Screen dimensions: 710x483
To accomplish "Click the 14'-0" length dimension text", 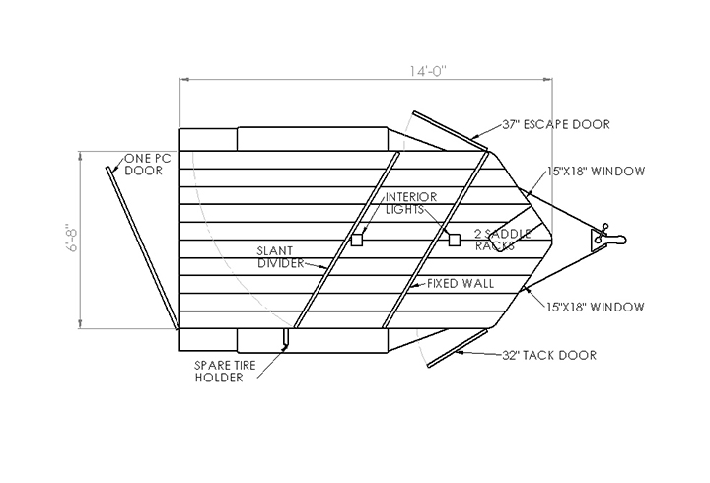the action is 428,71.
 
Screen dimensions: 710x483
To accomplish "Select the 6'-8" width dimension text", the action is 72,238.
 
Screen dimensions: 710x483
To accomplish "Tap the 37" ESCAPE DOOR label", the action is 556,124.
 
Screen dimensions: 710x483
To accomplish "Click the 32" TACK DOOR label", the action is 549,355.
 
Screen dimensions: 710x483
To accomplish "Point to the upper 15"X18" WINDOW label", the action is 596,172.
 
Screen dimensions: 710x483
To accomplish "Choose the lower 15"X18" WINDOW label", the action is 595,307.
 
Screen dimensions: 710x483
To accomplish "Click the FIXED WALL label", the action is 461,283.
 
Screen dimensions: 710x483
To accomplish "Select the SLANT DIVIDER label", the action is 280,257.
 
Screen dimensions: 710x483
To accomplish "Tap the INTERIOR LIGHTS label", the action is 411,203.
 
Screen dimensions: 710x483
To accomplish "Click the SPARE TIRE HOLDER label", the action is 225,372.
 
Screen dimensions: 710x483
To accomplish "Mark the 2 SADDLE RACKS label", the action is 503,240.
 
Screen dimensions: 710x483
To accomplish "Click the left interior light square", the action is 357,240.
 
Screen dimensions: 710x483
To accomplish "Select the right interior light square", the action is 455,240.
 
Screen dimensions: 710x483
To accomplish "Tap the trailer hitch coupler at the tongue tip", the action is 608,237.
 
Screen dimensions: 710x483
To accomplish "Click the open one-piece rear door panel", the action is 142,248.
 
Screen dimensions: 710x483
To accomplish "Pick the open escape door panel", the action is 451,131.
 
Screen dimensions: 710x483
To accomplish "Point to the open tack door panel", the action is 458,348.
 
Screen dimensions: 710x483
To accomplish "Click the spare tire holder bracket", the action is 285,339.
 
